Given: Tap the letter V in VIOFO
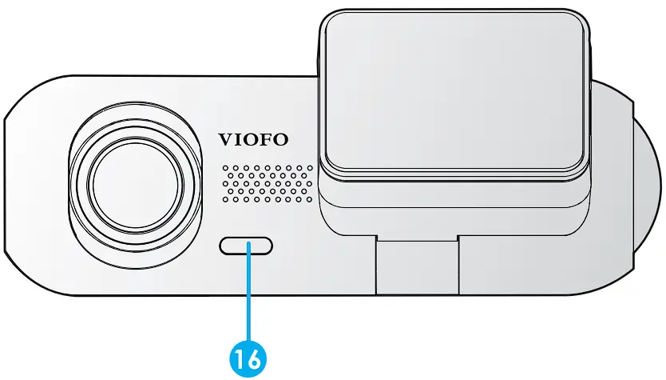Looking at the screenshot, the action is pos(227,138).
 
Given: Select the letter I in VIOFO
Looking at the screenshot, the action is pos(240,138).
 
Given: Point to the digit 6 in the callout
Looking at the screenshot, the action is pos(255,358).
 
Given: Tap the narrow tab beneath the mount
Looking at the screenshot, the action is pos(417,264).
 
